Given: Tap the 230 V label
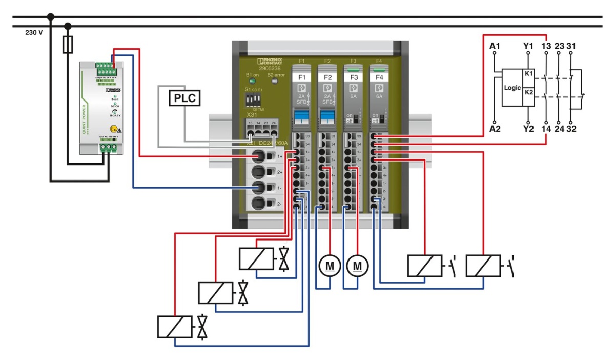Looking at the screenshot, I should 34,32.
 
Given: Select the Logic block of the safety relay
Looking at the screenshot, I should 512,88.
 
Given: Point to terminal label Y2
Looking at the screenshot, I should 528,129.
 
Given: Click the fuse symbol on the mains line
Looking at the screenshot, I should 67,45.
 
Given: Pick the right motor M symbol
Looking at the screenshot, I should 357,266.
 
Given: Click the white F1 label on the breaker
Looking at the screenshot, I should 302,78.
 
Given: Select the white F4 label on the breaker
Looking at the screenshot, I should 379,78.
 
